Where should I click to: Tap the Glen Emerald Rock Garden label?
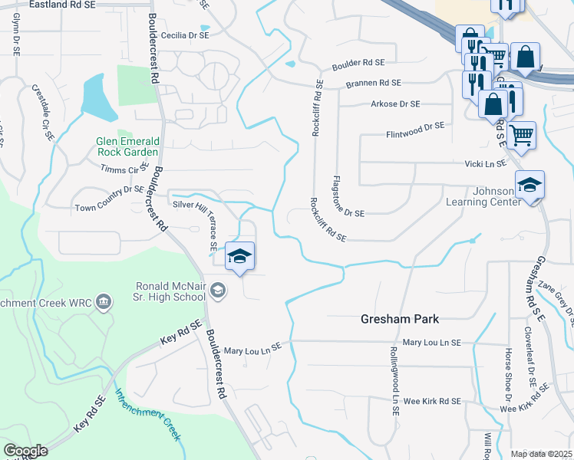point(128,146)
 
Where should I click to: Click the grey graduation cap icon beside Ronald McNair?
point(218,289)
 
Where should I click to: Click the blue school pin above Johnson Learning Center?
point(529,186)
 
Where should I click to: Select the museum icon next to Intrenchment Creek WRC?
point(104,304)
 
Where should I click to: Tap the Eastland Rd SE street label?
point(64,5)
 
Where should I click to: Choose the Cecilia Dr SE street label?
point(185,35)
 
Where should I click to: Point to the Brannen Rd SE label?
point(374,83)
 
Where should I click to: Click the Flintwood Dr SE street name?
point(415,126)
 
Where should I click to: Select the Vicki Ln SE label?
point(485,163)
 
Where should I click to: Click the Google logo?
point(25,451)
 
